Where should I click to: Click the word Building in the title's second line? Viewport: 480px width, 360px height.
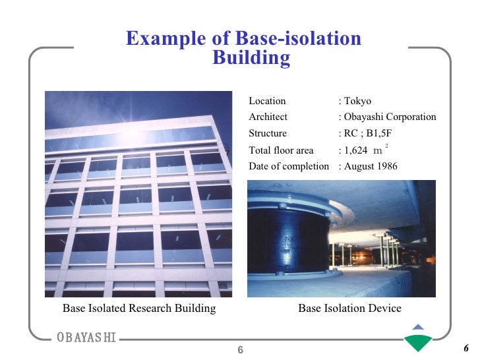click(x=251, y=58)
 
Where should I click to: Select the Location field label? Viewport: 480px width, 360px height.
click(x=267, y=101)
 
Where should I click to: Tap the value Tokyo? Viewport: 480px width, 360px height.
click(x=357, y=101)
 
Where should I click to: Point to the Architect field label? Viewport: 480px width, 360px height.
click(x=268, y=117)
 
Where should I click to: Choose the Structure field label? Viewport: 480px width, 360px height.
click(x=268, y=133)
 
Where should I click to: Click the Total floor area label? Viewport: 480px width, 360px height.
click(x=281, y=150)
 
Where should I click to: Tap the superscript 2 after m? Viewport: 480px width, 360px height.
click(x=386, y=144)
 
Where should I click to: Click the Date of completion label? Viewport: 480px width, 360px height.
click(x=288, y=166)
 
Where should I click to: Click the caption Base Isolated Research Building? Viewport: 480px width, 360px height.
click(x=139, y=308)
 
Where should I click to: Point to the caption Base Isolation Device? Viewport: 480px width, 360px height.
click(x=349, y=308)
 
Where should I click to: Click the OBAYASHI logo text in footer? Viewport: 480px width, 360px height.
click(x=86, y=338)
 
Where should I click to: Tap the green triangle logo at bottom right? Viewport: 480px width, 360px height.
click(x=418, y=340)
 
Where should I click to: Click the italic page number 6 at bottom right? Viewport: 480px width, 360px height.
click(x=465, y=349)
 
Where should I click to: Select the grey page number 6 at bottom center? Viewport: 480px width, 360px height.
click(x=241, y=349)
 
